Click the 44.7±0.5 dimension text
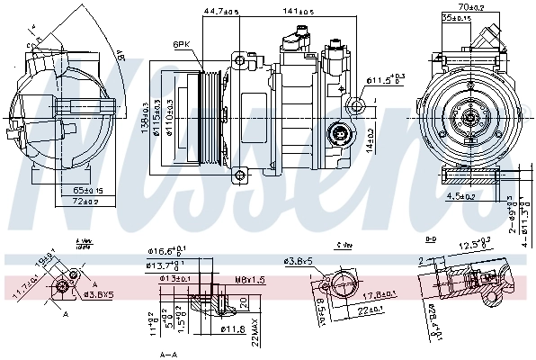[219, 12]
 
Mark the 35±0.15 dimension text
[455, 17]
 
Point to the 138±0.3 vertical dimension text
[145, 115]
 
